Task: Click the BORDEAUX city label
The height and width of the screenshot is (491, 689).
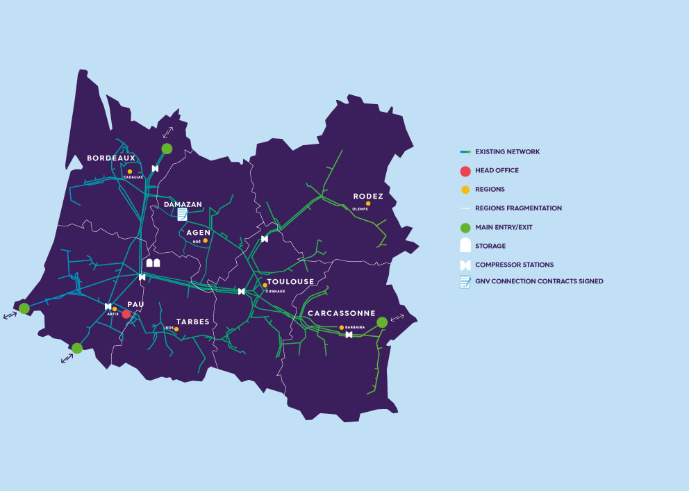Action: (110, 158)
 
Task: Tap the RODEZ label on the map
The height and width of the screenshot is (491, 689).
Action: (368, 197)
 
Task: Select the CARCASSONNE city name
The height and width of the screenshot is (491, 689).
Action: (341, 313)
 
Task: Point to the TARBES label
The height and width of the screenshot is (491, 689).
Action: (192, 322)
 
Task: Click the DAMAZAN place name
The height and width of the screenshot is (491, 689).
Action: (183, 205)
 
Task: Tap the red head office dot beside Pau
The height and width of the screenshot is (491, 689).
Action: (126, 314)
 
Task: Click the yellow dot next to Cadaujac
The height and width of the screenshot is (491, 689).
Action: (130, 172)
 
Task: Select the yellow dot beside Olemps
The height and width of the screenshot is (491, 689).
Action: (368, 203)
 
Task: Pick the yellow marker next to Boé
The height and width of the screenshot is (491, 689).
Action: (206, 240)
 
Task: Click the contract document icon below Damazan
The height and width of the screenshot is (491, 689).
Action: (182, 215)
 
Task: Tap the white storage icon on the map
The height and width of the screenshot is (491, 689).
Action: (153, 263)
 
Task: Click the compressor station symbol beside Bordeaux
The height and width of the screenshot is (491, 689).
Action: (155, 169)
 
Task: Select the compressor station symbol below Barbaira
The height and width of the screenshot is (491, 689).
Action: (349, 335)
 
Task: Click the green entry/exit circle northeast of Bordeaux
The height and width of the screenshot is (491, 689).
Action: (167, 149)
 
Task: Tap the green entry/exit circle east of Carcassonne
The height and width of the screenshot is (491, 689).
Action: (382, 322)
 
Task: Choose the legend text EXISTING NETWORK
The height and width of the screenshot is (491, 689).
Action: (507, 151)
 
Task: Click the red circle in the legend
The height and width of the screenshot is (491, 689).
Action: (465, 171)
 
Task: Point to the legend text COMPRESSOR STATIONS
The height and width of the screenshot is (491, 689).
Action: (514, 265)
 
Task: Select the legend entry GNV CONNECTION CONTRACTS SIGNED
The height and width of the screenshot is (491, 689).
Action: (539, 281)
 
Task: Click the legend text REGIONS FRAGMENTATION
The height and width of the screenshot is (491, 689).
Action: (518, 208)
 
